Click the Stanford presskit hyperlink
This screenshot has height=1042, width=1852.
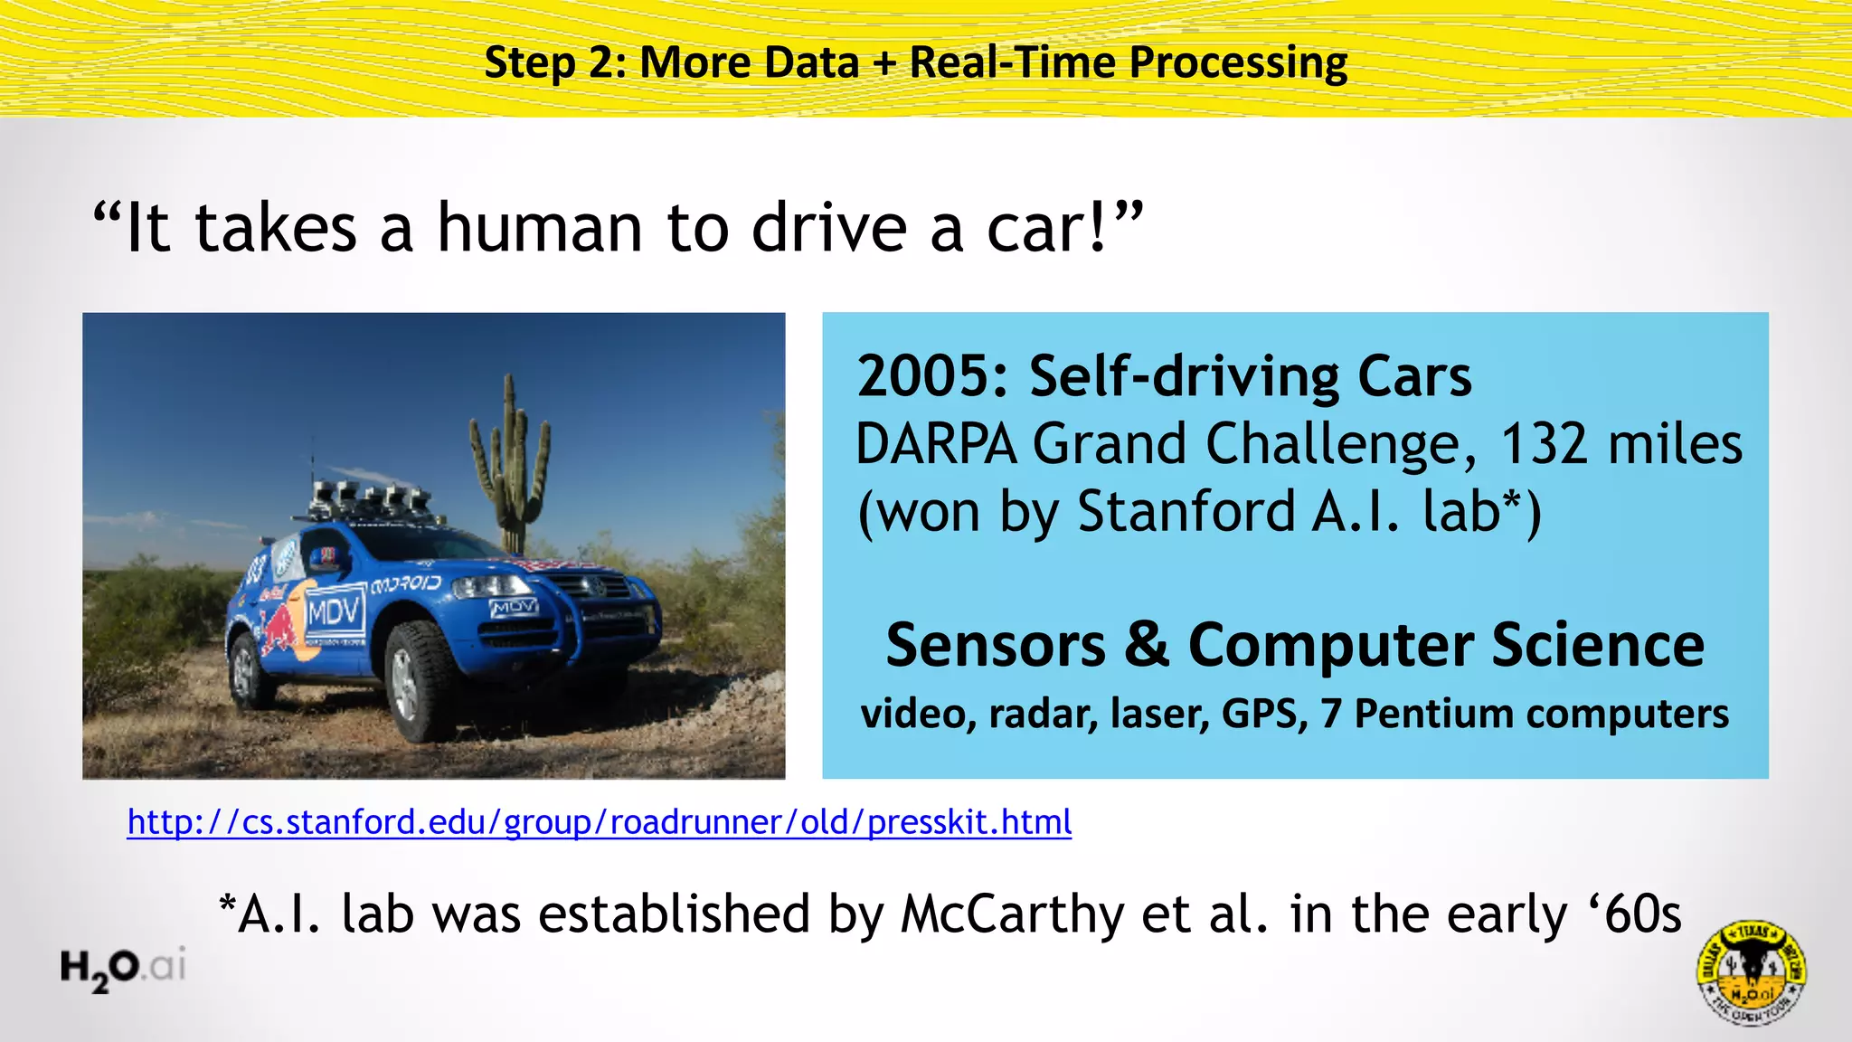599,822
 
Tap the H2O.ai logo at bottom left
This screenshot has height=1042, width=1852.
123,968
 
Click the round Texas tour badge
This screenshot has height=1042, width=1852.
1751,972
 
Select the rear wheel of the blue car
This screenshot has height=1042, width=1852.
246,668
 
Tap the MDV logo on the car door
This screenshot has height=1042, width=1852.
335,613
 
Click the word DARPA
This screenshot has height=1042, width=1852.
936,444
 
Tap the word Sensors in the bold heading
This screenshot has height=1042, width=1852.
995,646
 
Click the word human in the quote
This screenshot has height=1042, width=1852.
541,228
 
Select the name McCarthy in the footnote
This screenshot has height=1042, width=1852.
1012,914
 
